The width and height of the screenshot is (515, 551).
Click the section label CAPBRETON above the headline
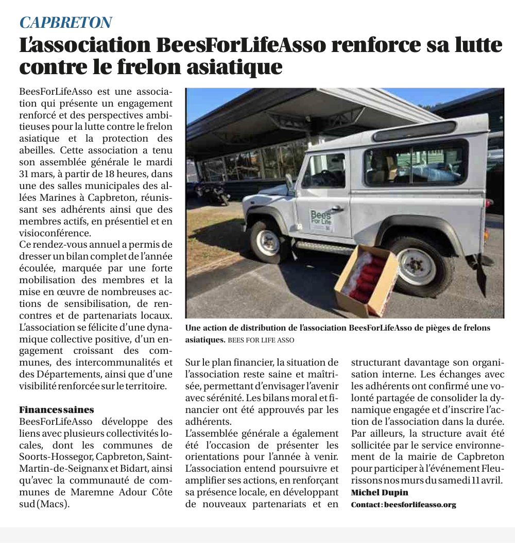65,23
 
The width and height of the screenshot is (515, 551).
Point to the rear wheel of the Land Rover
417,266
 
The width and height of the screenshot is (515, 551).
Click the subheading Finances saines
57,410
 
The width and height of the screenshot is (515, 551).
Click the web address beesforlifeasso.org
420,505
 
